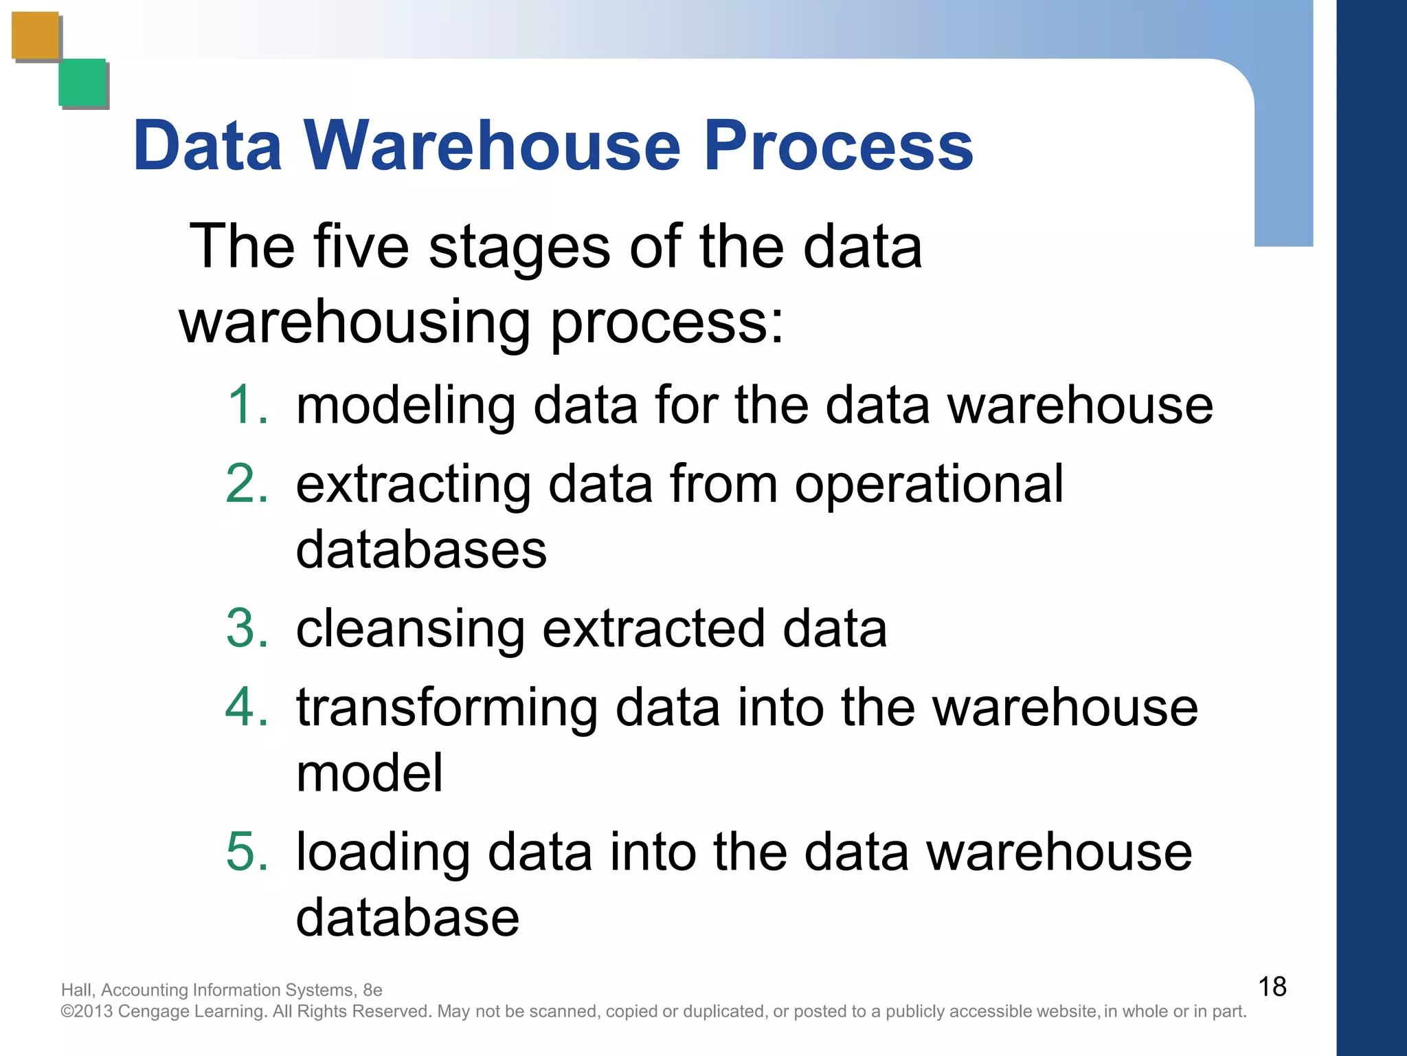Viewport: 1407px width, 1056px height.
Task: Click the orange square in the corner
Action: (35, 36)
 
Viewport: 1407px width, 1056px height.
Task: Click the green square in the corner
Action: (82, 82)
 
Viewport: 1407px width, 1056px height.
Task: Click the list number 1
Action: (247, 405)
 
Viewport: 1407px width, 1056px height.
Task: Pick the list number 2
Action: (247, 484)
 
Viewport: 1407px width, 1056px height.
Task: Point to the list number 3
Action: (247, 628)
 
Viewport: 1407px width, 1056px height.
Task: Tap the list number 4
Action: (247, 707)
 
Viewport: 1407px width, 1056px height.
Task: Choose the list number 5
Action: (247, 852)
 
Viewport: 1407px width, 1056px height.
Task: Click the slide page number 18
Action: (1272, 987)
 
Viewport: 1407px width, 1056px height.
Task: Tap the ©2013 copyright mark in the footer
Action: (87, 1011)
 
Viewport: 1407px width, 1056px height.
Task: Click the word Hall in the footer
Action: (76, 990)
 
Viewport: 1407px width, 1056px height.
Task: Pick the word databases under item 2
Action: (421, 550)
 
